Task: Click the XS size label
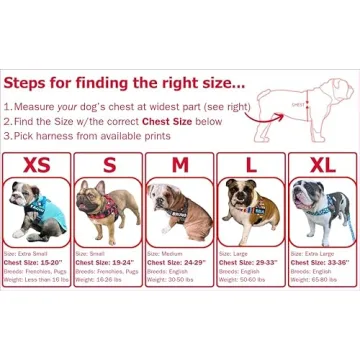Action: click(38, 162)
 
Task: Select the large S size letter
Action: click(109, 162)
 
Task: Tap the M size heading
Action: click(180, 162)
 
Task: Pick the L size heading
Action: click(251, 162)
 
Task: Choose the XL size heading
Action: click(321, 162)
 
